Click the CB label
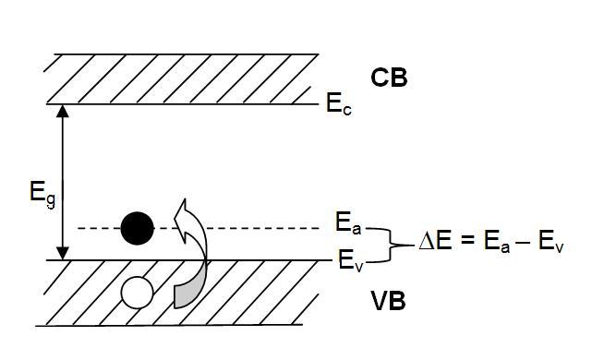(389, 78)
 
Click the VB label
(389, 302)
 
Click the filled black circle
(137, 226)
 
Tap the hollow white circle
(137, 294)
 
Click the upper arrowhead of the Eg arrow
(64, 110)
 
